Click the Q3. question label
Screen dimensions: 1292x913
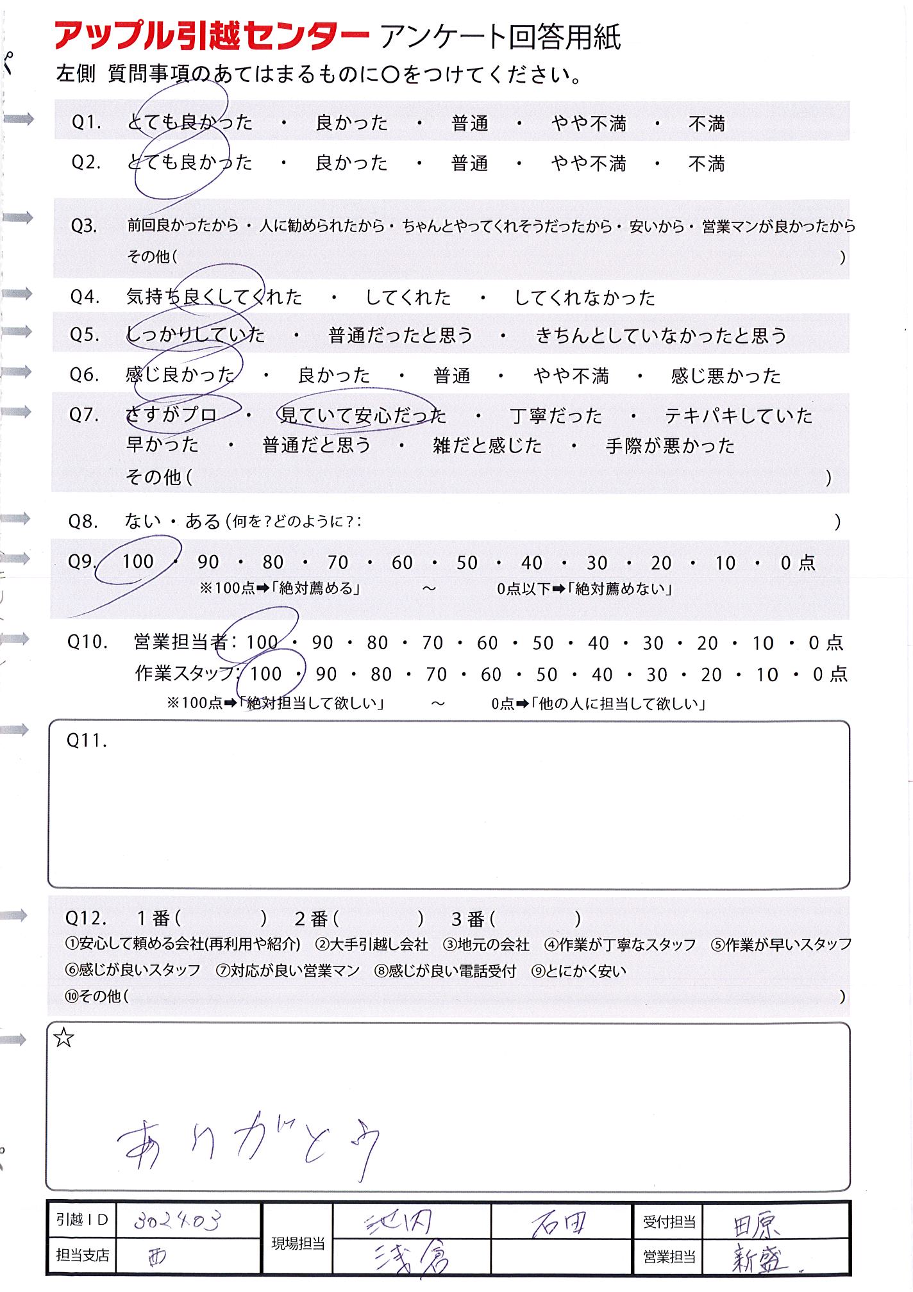(x=84, y=226)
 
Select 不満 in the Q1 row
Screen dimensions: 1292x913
(x=706, y=123)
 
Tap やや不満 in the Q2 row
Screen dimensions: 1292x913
(x=588, y=164)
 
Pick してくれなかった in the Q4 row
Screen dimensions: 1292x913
(x=585, y=298)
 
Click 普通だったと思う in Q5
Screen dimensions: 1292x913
(x=401, y=335)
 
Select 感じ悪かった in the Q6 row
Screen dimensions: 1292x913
(x=726, y=376)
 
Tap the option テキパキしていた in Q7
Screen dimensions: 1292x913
(x=739, y=416)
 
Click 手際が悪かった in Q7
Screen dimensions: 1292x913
(x=670, y=445)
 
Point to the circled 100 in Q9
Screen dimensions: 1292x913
(x=138, y=561)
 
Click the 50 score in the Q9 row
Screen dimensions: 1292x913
(x=467, y=563)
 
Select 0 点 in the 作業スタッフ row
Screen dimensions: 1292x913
(x=830, y=674)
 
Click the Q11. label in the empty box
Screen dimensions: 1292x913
(x=87, y=741)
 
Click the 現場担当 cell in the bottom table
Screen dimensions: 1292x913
(x=298, y=1243)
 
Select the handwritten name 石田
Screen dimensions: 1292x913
(x=559, y=1225)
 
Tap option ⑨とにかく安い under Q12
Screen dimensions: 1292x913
(x=579, y=971)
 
